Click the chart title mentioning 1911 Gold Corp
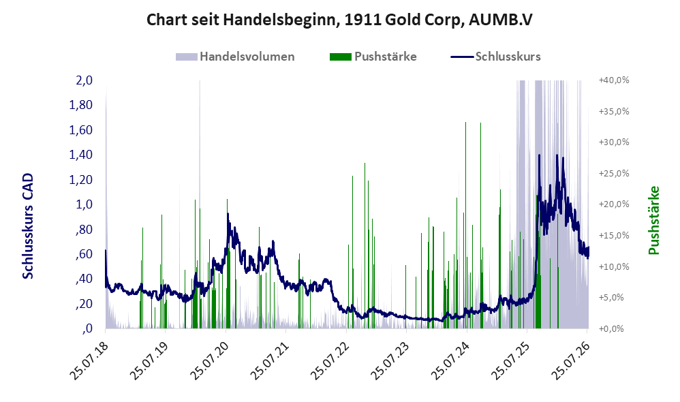339,20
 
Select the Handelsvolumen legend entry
235,57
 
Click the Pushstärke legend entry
373,57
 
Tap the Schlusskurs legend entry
495,57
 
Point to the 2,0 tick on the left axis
84,80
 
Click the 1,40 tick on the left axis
81,155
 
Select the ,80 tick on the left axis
84,229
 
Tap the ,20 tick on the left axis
84,304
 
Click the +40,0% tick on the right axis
614,80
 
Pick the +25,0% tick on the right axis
614,174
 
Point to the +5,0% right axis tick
611,298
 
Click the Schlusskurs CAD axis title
28,226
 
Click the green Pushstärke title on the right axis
653,220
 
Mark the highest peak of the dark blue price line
539,155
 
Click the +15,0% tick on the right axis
614,236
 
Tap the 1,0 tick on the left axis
84,204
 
